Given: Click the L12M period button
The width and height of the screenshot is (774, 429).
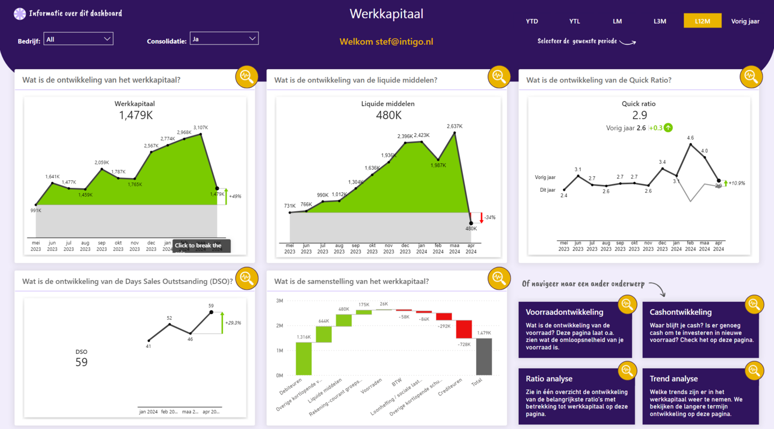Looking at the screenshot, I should pos(702,21).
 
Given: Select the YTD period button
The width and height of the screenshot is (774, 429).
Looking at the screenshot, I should pos(532,21).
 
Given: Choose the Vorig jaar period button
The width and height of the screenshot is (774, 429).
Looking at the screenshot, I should pos(745,21).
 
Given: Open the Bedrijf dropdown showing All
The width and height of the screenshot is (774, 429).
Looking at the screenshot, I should pos(78,39).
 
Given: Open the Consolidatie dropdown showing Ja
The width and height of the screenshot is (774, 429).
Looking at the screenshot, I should pos(224,39).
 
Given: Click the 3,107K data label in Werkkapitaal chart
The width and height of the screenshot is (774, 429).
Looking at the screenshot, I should pos(200,127).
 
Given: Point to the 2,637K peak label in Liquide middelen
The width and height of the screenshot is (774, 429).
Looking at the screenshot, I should pos(454,126).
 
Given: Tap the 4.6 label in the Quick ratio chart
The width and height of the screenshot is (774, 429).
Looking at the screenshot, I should pos(690,138).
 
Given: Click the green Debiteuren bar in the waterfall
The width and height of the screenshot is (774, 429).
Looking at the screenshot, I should pos(304,359).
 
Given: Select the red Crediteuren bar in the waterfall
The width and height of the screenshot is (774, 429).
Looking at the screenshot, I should pos(464,329).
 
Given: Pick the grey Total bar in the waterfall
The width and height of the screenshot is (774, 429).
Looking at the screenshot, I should pos(484,357).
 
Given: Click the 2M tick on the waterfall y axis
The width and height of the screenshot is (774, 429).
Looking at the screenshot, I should pos(279,326).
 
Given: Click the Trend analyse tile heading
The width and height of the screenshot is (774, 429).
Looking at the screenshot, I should pos(673,379).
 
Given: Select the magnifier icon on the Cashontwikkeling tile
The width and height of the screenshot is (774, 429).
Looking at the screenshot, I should pos(754,304).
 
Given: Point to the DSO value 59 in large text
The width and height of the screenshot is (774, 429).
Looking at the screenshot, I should pos(81,362).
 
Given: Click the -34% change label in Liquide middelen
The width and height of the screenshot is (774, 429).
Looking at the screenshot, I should pos(490,217).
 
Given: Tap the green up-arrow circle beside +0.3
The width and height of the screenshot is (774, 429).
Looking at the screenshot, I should pos(668,128).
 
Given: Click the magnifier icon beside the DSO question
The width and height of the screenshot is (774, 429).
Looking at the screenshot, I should pos(247,278).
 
